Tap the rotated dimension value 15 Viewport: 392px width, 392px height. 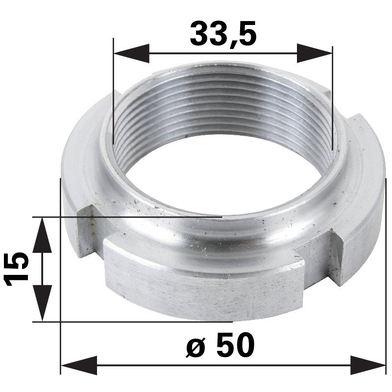click(15, 269)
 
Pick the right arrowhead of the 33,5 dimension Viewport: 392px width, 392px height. click(315, 53)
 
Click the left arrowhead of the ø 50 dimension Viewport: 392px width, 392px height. click(78, 366)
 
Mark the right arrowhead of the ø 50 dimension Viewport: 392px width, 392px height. click(367, 366)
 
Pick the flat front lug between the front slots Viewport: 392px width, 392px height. click(201, 289)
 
